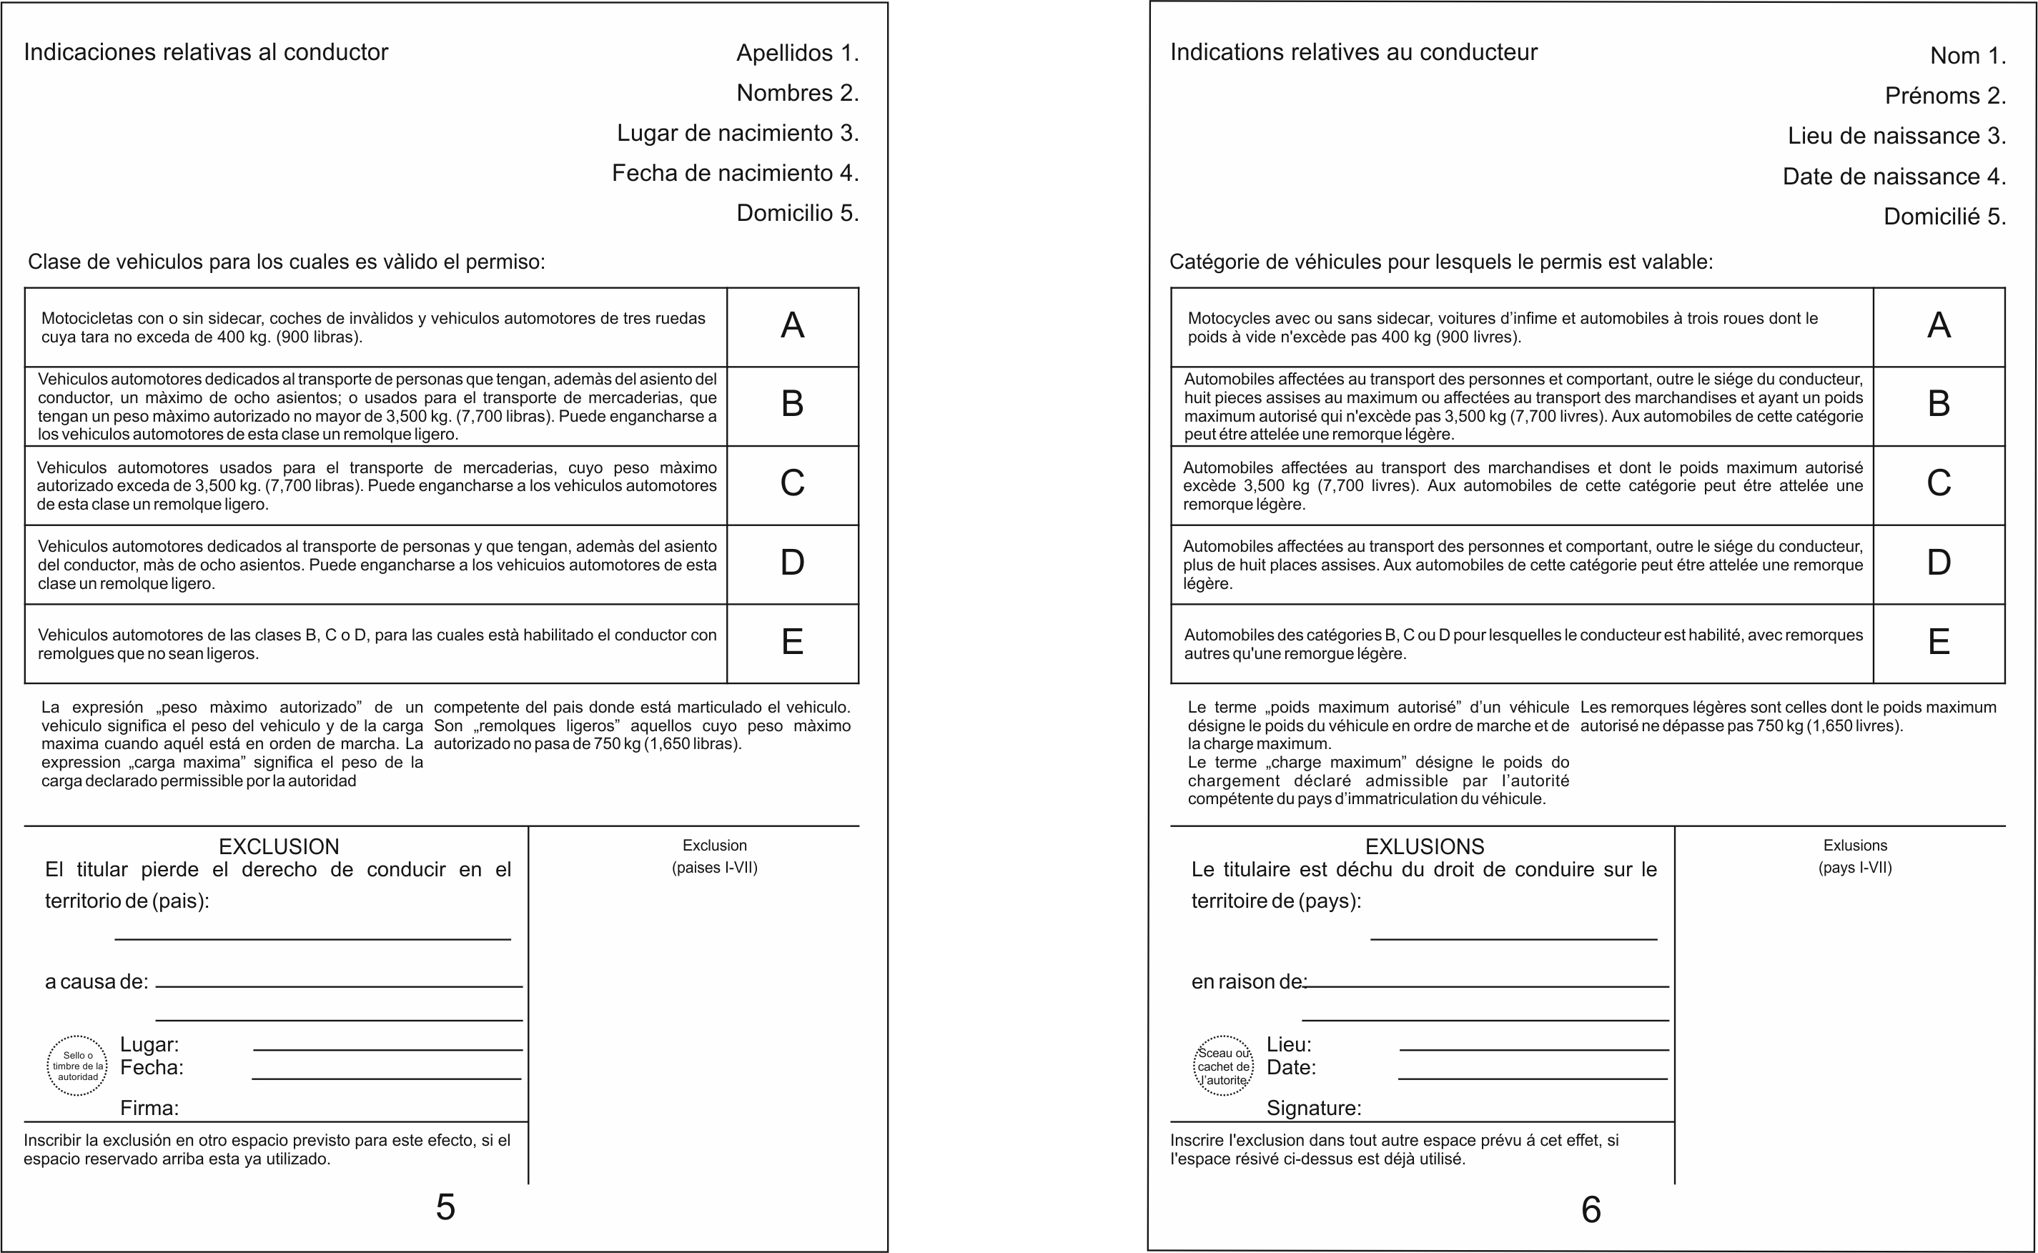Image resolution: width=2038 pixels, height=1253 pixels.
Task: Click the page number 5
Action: [x=445, y=1207]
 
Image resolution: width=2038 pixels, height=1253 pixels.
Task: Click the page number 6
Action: [x=1591, y=1210]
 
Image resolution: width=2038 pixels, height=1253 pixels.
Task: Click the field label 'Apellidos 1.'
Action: [x=797, y=53]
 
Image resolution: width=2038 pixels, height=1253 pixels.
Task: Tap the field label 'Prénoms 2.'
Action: [x=1945, y=96]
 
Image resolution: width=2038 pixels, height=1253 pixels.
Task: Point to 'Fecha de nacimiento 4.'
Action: [x=735, y=173]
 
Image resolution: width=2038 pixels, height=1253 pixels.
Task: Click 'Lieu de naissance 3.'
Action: [x=1896, y=136]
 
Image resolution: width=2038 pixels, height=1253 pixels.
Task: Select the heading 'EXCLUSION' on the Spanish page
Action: [x=279, y=847]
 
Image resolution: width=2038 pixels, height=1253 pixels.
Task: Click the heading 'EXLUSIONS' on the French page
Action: [x=1425, y=847]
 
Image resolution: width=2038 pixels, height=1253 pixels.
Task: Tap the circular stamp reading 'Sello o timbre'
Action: [x=77, y=1066]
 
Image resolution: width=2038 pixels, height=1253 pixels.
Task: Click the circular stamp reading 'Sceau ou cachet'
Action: [x=1223, y=1066]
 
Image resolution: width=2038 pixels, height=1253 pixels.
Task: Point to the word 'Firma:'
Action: [x=149, y=1108]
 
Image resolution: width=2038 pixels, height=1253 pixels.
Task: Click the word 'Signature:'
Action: [x=1314, y=1108]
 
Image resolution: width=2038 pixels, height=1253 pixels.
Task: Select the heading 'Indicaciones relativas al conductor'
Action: [x=206, y=52]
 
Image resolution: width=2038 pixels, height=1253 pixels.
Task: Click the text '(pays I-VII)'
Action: [x=1855, y=868]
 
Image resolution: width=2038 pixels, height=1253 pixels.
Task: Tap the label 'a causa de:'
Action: [x=96, y=982]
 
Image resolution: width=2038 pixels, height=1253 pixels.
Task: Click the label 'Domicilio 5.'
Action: [x=797, y=213]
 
